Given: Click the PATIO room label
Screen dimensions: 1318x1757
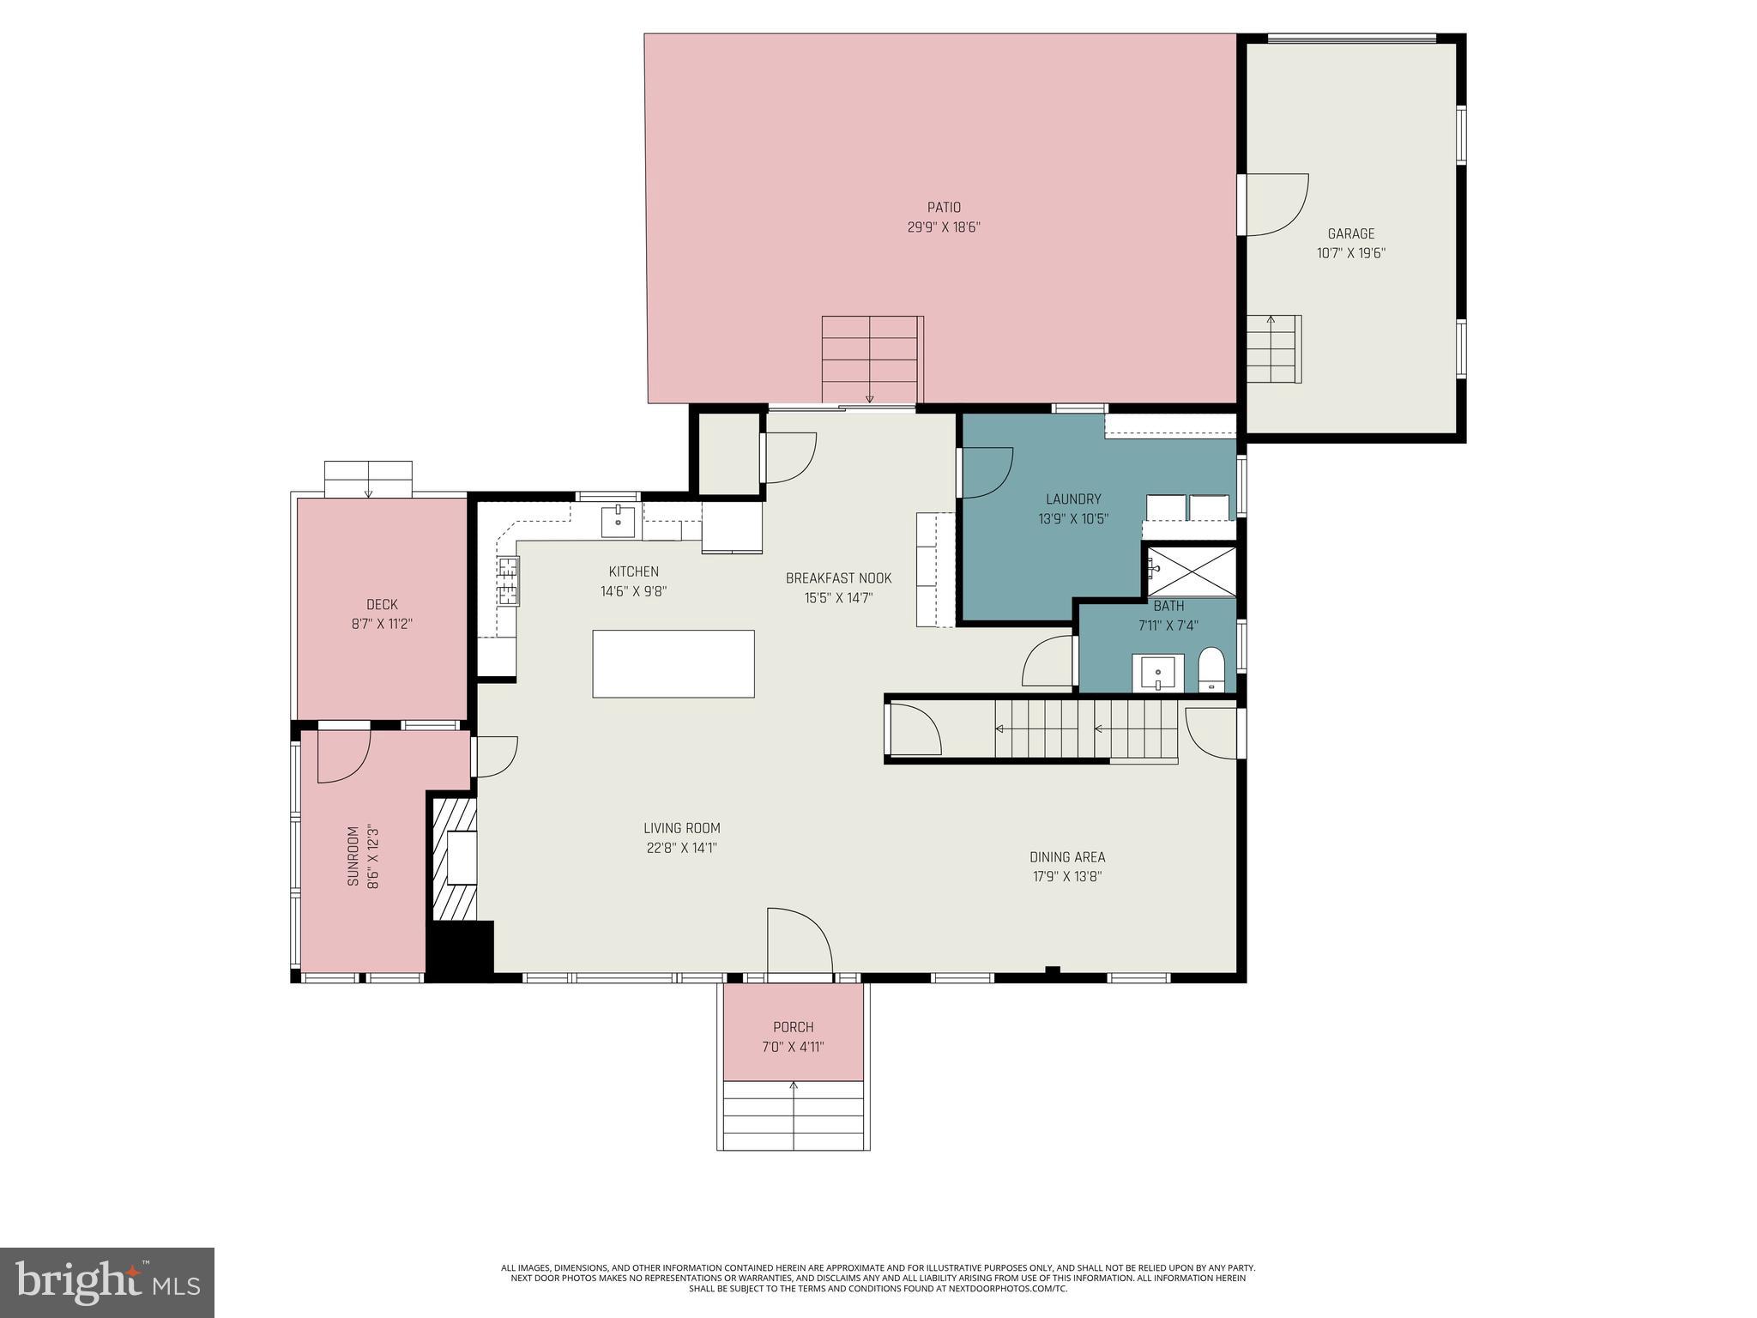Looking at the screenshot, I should click(x=944, y=208).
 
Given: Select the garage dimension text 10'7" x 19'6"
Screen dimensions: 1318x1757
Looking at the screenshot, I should click(x=1351, y=253).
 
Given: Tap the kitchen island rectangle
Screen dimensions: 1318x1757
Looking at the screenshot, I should click(x=673, y=663).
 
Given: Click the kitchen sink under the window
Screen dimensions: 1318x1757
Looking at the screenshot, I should click(x=618, y=521).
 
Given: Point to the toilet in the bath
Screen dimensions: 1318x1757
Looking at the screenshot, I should click(x=1211, y=670).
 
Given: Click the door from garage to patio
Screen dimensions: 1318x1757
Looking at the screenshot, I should click(x=1274, y=204).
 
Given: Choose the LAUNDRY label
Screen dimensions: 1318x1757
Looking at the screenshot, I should click(x=1073, y=499).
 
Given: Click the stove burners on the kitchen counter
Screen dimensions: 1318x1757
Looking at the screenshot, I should click(x=508, y=579).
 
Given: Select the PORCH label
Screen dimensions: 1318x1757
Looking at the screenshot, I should click(x=793, y=1027).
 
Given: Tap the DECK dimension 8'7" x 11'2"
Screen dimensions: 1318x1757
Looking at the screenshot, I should click(x=382, y=625).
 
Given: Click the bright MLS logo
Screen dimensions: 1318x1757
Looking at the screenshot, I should click(x=106, y=1282).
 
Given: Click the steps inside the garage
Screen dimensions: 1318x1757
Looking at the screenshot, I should click(x=1273, y=349).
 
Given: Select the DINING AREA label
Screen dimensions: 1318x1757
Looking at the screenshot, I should click(x=1067, y=857).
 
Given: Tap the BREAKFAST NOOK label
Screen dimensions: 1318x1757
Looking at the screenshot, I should click(x=838, y=578).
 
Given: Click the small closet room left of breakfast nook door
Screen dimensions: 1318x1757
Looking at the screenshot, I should click(x=728, y=454).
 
